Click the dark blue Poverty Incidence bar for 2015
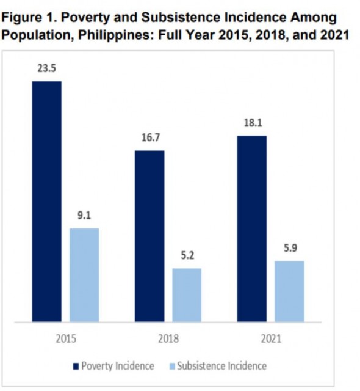[47, 201]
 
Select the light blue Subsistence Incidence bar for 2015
[84, 275]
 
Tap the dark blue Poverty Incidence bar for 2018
[149, 236]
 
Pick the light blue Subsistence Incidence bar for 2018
[187, 294]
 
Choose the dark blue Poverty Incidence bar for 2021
[252, 228]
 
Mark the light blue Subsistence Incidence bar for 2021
[289, 291]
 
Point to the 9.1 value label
[84, 216]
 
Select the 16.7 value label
[149, 138]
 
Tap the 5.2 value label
[187, 255]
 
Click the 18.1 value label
[252, 123]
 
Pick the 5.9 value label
[289, 249]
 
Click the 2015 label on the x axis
[66, 337]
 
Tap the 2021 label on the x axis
[270, 337]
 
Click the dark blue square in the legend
[76, 367]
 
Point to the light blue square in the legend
[171, 367]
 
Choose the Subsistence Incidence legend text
[221, 367]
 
